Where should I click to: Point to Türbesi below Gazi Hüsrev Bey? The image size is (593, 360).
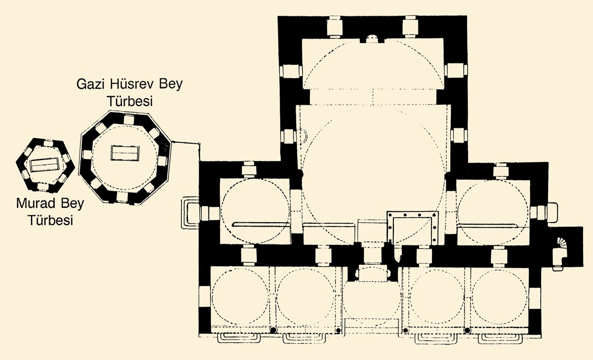(129, 101)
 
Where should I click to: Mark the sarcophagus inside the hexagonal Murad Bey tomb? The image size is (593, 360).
(45, 165)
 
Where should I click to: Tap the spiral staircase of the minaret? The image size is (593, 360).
(563, 243)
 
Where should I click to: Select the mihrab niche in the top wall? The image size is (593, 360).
(372, 39)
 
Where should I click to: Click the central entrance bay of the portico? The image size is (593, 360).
(372, 299)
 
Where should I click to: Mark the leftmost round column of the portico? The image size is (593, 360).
(273, 330)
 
